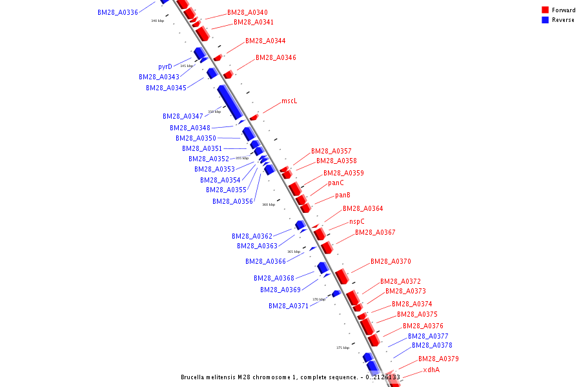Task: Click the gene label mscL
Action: [289, 101]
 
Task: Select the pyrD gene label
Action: [165, 66]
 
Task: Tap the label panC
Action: [336, 183]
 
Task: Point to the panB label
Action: [343, 195]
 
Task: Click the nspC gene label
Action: [357, 221]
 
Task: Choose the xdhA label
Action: [431, 370]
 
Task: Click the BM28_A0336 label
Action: [117, 12]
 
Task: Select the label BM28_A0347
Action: [183, 116]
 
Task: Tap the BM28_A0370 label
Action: [391, 261]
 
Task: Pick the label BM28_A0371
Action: [289, 306]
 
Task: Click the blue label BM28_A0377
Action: [428, 336]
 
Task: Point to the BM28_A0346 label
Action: [276, 57]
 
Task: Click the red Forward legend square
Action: [545, 10]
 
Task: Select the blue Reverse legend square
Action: [545, 19]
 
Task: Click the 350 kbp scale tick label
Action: [214, 112]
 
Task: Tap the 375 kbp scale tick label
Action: [343, 348]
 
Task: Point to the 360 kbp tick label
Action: [269, 204]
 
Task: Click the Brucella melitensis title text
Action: [290, 377]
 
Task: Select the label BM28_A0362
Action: [252, 236]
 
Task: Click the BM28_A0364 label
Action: [363, 208]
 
